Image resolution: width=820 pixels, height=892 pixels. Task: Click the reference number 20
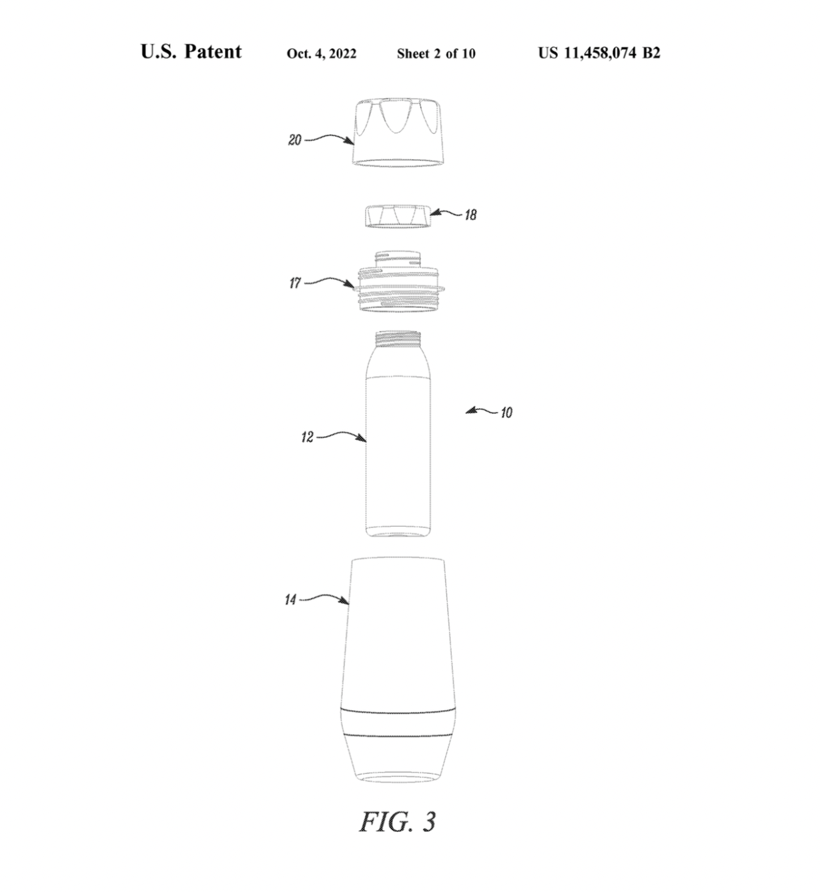coord(295,140)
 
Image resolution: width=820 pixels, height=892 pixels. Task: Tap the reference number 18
coord(470,215)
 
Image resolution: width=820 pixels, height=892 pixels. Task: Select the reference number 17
coord(295,283)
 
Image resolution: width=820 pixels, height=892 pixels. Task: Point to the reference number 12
coord(307,437)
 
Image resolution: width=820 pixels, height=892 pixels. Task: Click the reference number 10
coord(506,413)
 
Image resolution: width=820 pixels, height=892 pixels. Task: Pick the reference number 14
coord(290,600)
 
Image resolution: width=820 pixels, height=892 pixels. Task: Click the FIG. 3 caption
coord(397,822)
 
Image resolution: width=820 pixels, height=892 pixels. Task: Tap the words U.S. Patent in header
coord(191,51)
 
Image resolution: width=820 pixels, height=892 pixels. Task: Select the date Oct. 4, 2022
coord(322,54)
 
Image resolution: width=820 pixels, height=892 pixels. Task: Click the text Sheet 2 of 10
coord(436,54)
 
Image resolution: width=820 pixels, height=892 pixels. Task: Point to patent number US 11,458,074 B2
coord(599,53)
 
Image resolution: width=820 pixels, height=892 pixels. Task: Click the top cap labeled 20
coord(398,133)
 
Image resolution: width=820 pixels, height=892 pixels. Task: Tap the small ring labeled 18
coord(398,216)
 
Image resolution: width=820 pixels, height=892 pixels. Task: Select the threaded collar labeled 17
coord(398,281)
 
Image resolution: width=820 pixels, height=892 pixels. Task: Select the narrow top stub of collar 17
coord(398,259)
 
